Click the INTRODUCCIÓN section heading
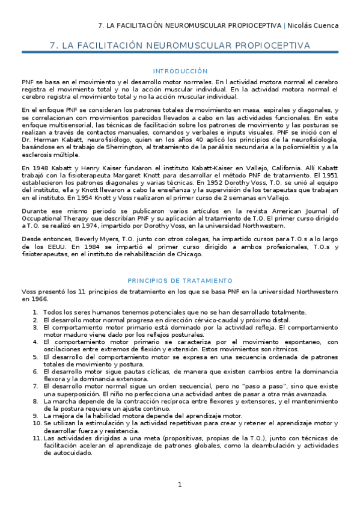tap(180, 71)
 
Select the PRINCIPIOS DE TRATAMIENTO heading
tap(180, 281)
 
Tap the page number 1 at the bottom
tap(179, 485)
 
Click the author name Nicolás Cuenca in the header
tap(313, 25)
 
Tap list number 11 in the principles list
tap(36, 438)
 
